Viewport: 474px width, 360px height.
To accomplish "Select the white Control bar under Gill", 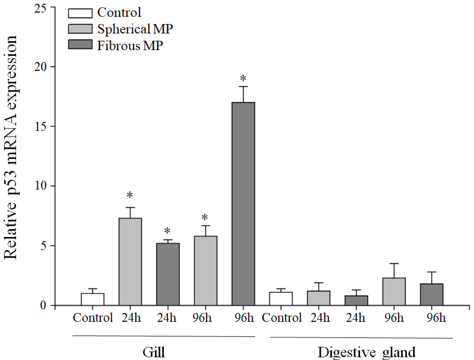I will click(93, 299).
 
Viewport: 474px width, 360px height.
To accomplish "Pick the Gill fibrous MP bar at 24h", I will click(168, 274).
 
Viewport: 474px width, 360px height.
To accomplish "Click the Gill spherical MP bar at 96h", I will click(205, 270).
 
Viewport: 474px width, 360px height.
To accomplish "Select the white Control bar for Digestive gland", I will click(281, 299).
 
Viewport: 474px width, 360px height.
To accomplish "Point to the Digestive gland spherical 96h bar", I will click(394, 291).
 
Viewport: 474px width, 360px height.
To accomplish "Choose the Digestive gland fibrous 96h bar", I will click(432, 294).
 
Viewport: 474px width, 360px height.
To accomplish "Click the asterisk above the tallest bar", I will click(243, 78).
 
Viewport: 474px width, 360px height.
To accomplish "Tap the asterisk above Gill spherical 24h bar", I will click(130, 195).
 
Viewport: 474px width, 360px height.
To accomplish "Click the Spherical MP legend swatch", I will click(80, 29).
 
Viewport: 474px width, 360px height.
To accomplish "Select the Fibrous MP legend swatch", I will click(80, 45).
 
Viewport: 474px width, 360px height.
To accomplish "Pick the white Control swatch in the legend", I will click(80, 13).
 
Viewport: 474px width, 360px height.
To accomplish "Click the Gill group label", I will click(154, 352).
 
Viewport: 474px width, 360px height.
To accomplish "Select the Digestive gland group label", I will click(366, 352).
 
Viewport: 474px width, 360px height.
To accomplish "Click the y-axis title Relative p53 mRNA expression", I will click(11, 148).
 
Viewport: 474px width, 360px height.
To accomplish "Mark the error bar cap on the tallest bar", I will click(243, 86).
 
